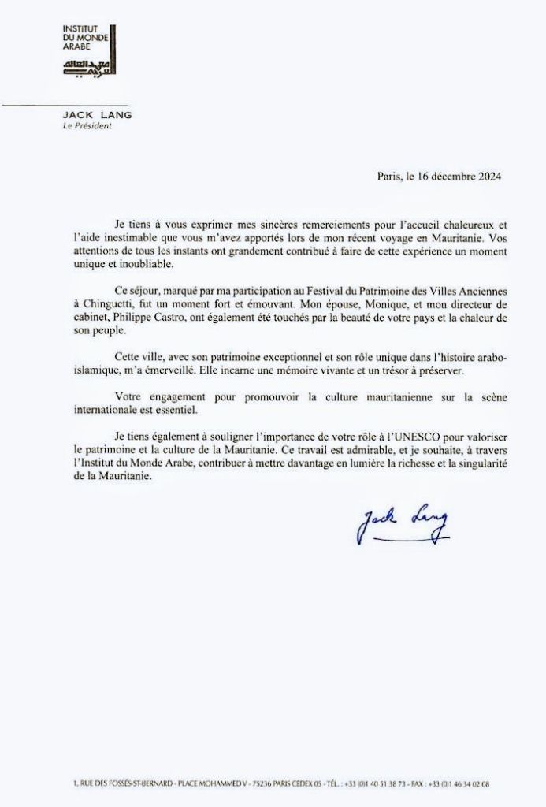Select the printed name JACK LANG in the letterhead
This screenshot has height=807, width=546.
tap(97, 115)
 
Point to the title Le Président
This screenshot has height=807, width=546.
tap(87, 126)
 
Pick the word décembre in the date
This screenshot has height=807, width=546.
tap(445, 177)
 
